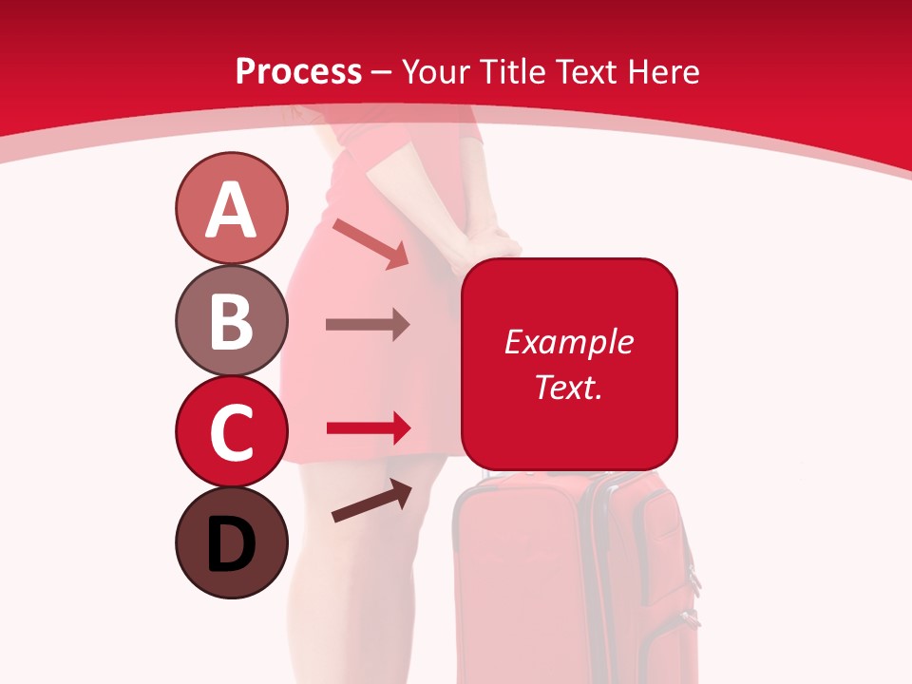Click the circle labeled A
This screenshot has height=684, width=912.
231,208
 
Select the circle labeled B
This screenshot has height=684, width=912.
231,320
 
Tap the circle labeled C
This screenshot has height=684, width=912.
231,431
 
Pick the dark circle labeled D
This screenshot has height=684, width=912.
231,542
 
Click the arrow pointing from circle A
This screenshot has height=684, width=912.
370,243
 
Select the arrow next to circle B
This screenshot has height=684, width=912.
368,324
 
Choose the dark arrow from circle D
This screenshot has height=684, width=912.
372,502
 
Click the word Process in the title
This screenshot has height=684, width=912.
298,71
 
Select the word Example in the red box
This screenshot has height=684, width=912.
568,342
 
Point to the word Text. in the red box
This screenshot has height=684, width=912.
568,388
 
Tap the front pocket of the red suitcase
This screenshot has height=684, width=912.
518,570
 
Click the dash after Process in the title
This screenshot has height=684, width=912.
382,73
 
